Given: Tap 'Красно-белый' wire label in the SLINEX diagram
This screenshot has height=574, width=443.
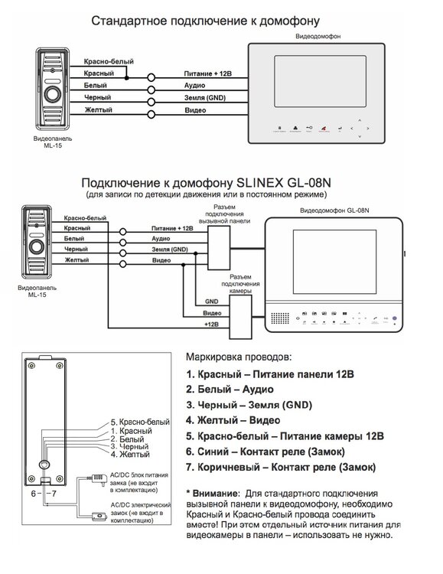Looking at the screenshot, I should click(x=85, y=218).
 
